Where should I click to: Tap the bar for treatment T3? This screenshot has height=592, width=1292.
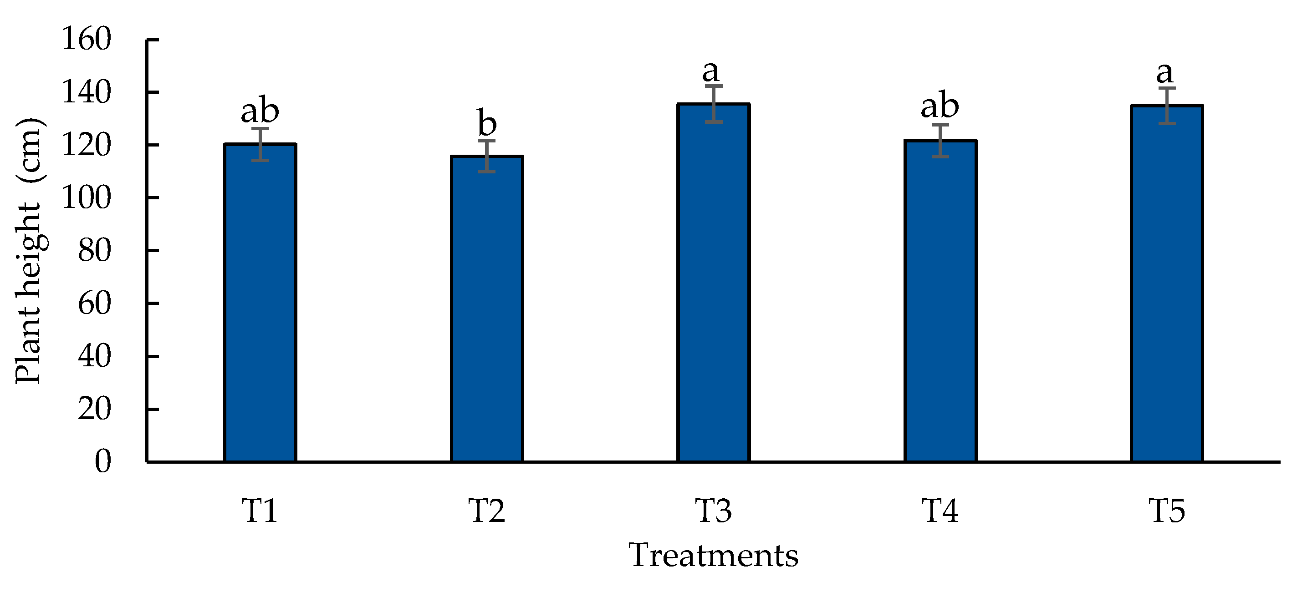pyautogui.click(x=713, y=283)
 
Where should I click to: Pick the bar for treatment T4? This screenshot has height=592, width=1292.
pyautogui.click(x=940, y=301)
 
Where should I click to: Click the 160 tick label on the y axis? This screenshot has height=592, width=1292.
pyautogui.click(x=86, y=39)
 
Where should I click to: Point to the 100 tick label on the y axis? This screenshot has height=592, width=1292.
pyautogui.click(x=86, y=197)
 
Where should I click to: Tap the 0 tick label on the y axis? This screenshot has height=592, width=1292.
pyautogui.click(x=103, y=461)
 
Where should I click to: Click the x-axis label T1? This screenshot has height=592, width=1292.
pyautogui.click(x=260, y=511)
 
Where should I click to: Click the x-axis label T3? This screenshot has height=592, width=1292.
pyautogui.click(x=713, y=511)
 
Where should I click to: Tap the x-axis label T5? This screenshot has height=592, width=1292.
pyautogui.click(x=1167, y=511)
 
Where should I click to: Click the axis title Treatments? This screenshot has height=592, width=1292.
pyautogui.click(x=713, y=556)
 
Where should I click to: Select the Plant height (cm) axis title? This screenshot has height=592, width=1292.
pyautogui.click(x=29, y=251)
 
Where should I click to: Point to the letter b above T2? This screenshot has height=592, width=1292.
pyautogui.click(x=486, y=123)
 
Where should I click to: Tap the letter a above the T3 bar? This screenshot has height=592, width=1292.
pyautogui.click(x=710, y=72)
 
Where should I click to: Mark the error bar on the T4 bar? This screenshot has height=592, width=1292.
pyautogui.click(x=940, y=140)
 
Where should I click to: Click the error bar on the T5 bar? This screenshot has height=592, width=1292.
pyautogui.click(x=1167, y=105)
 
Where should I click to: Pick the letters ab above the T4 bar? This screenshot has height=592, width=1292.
pyautogui.click(x=940, y=105)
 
